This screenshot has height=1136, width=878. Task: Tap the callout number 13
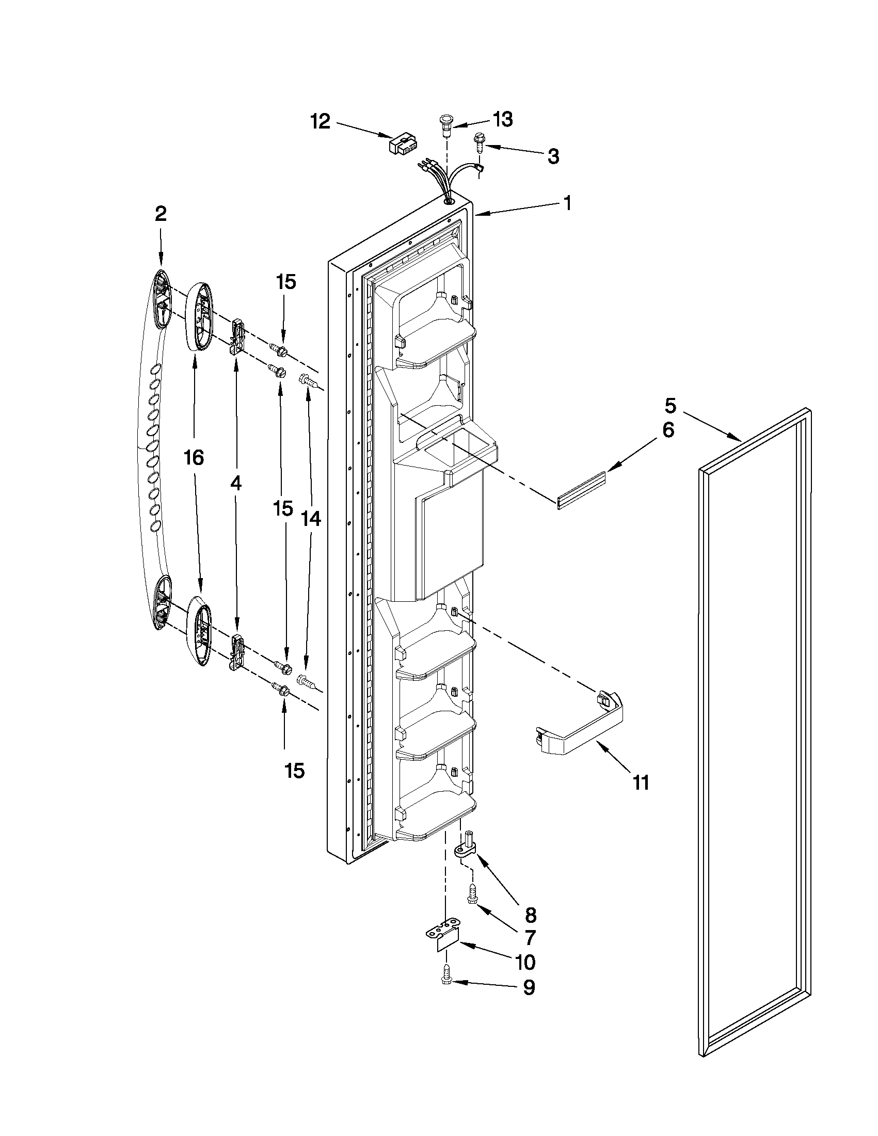point(502,119)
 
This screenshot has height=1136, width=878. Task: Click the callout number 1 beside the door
point(567,203)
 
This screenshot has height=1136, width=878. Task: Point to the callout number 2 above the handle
point(161,214)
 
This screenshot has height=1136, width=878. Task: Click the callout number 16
point(194,458)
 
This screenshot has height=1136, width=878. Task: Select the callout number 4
point(235,484)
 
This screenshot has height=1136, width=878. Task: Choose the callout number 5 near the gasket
point(671,404)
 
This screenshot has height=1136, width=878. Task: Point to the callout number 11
point(641,796)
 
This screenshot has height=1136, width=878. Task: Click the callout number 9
point(529,987)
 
